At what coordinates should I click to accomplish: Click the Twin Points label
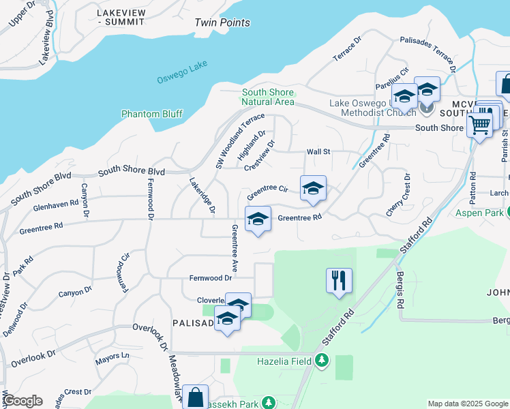(222, 22)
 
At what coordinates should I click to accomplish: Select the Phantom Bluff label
(152, 114)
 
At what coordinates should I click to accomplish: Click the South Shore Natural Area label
(268, 97)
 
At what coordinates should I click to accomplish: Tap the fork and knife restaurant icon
(339, 280)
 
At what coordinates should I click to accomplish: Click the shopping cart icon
(479, 125)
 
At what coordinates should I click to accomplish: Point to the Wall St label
(318, 151)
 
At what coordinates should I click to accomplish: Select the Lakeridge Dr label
(202, 194)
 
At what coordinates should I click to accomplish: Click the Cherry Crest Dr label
(398, 196)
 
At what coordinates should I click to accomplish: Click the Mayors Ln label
(112, 356)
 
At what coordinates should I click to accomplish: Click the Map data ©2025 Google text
(467, 404)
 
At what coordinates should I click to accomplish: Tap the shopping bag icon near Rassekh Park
(195, 397)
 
